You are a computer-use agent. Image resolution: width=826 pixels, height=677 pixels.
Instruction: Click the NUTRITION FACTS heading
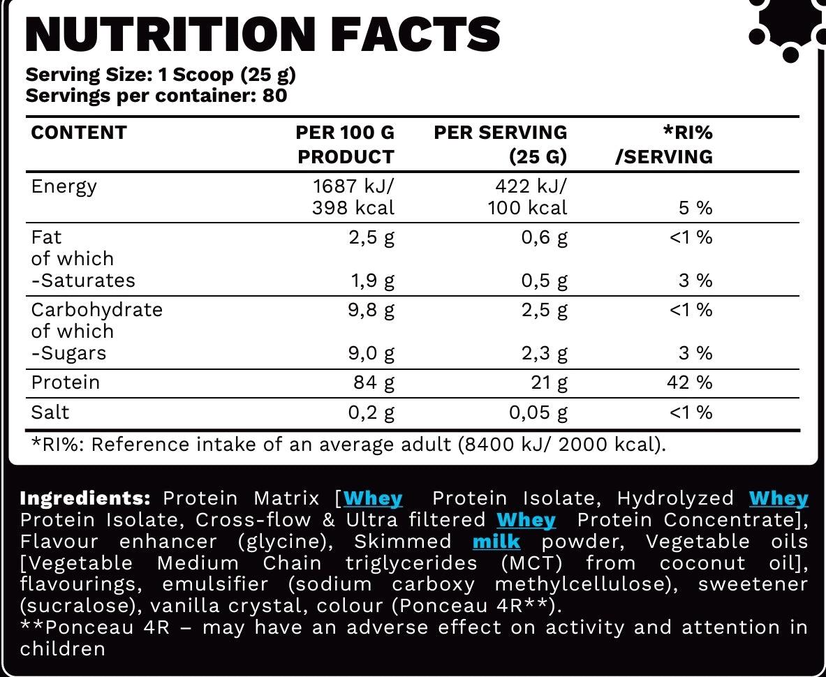pos(263,34)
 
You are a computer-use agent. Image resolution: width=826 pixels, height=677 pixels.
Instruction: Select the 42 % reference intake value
pos(691,382)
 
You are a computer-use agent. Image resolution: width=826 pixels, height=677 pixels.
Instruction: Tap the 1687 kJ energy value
pos(354,186)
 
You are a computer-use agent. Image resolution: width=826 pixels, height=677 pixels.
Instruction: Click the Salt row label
pos(50,412)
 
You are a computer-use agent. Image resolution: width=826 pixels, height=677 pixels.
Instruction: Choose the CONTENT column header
pos(79,133)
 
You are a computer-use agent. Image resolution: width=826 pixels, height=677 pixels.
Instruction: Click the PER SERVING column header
pos(500,133)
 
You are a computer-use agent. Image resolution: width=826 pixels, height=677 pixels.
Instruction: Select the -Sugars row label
pos(69,353)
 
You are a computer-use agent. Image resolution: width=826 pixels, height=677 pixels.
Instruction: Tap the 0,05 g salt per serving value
pos(538,412)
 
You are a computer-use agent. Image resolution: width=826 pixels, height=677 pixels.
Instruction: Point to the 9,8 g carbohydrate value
pos(371,310)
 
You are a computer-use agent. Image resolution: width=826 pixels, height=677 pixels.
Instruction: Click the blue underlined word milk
pos(496,542)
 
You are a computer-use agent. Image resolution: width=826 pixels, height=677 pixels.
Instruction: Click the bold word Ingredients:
pos(85,498)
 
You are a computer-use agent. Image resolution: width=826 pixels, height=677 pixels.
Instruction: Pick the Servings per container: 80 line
pos(156,96)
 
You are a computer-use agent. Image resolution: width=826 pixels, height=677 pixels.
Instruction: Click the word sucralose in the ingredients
pos(70,606)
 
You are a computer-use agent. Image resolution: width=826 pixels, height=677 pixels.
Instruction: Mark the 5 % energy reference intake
pos(694,208)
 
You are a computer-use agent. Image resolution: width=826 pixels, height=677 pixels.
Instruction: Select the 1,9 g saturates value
pos(371,281)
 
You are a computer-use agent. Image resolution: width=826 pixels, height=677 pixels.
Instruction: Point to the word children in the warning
pos(63,648)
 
